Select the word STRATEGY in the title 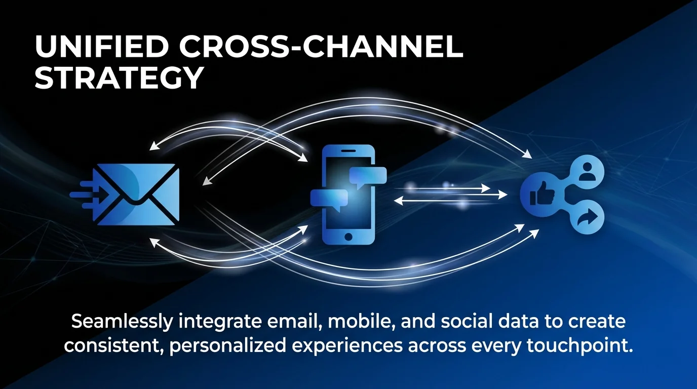119,78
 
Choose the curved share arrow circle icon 588,219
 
